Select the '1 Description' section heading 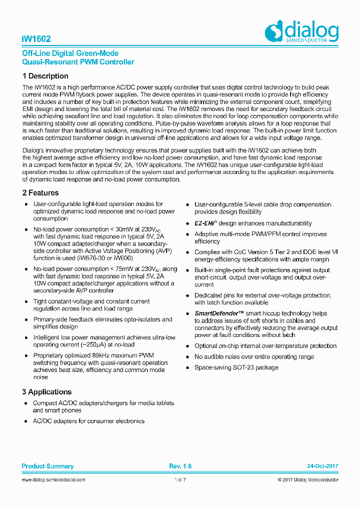pyautogui.click(x=45, y=76)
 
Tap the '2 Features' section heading pyautogui.click(x=40, y=192)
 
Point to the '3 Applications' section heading pyautogui.click(x=46, y=392)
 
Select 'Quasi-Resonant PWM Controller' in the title pyautogui.click(x=78, y=62)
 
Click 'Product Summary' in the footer pyautogui.click(x=47, y=466)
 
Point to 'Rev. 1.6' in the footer pyautogui.click(x=180, y=466)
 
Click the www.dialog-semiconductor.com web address pyautogui.click(x=53, y=480)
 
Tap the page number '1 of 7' pyautogui.click(x=180, y=480)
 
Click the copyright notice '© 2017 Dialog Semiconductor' pyautogui.click(x=307, y=480)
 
